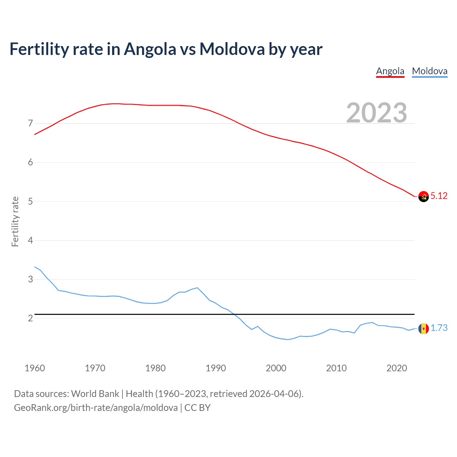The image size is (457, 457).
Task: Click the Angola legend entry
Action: point(390,71)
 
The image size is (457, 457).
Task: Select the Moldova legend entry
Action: point(430,71)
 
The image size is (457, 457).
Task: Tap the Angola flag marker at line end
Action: point(423,196)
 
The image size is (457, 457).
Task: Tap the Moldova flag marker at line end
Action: point(423,328)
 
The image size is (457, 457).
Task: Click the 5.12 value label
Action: point(439,196)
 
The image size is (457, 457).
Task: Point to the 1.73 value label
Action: point(439,328)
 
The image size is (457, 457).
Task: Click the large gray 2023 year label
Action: point(377,113)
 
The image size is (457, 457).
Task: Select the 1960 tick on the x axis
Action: point(35,368)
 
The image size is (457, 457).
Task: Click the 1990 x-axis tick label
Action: point(216,368)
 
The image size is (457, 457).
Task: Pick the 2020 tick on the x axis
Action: point(397,368)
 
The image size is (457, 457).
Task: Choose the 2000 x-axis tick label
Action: point(276,368)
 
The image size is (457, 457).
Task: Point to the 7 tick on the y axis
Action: point(30,124)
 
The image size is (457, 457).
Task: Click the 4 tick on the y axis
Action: point(30,240)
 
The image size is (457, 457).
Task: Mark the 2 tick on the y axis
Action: point(30,318)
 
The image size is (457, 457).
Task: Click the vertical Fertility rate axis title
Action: point(15,221)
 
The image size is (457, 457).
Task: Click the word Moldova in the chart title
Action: point(232,49)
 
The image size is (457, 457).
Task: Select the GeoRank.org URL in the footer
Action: point(96,408)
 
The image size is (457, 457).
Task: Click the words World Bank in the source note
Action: point(95,394)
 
